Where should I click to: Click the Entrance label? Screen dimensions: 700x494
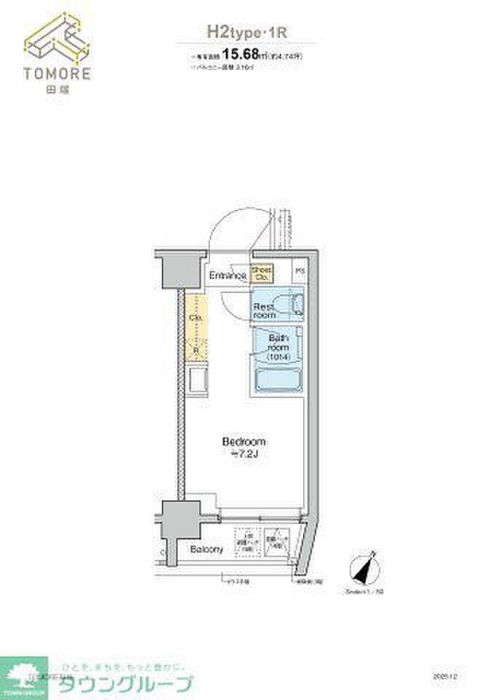[x=227, y=276]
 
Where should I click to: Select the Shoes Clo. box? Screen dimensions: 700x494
[x=262, y=273]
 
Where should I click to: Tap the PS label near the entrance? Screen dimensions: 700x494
[x=299, y=272]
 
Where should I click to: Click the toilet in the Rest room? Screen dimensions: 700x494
[x=296, y=305]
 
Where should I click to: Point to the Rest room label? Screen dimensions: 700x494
[x=264, y=311]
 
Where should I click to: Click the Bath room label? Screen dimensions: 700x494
[x=279, y=346]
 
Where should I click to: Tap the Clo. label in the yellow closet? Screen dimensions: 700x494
[x=195, y=319]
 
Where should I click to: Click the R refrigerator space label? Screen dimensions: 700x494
[x=195, y=351]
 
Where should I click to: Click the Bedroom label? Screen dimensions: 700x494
[x=243, y=442]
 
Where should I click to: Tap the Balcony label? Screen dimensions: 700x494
[x=205, y=549]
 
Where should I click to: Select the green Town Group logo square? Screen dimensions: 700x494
[x=23, y=677]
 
